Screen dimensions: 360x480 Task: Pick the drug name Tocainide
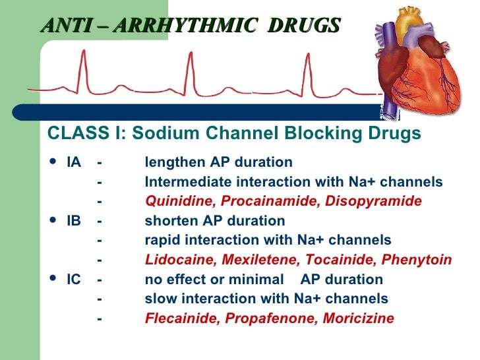click(318, 260)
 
